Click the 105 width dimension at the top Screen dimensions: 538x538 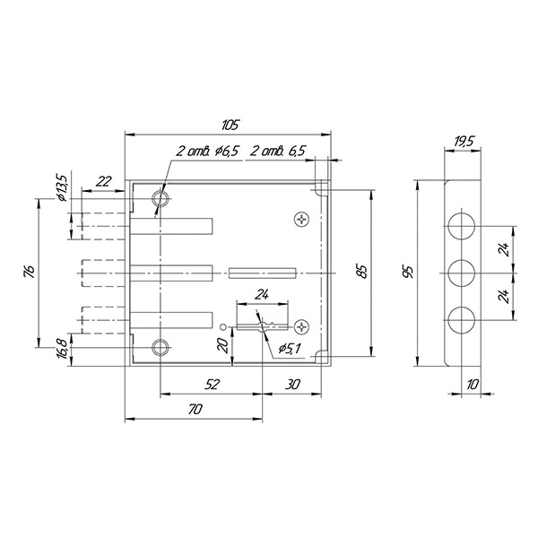click(230, 126)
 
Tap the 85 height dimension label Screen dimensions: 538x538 click(362, 272)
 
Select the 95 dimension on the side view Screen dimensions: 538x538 click(409, 272)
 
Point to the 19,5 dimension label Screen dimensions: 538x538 click(464, 141)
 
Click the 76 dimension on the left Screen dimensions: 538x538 click(30, 272)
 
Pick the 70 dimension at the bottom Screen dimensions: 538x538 click(195, 410)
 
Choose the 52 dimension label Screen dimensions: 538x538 click(212, 385)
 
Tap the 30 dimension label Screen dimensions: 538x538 click(292, 385)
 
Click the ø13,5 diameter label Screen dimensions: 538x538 click(63, 187)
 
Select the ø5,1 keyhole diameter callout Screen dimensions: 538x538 click(290, 349)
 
